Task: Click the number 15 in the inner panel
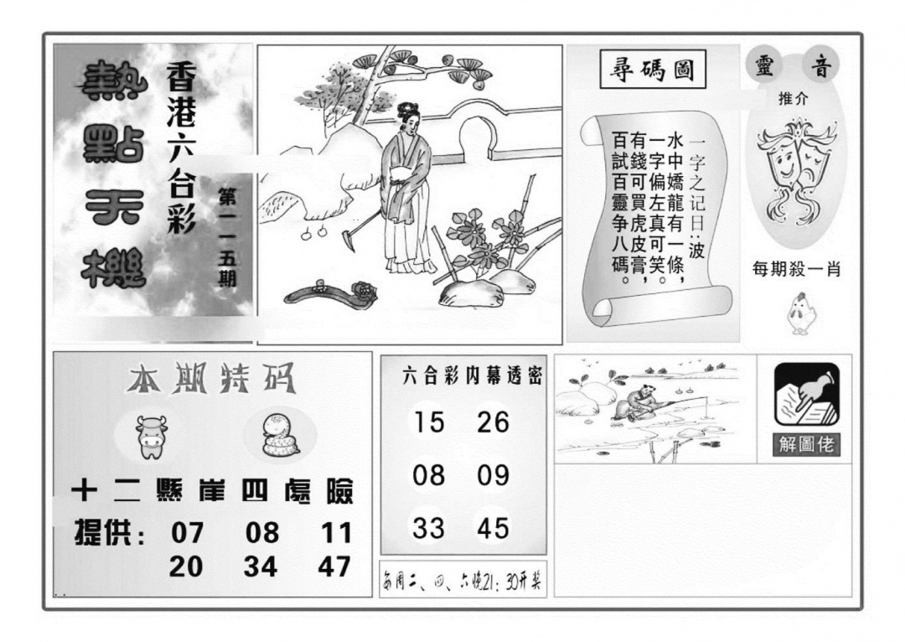click(429, 422)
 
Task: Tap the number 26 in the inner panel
click(493, 422)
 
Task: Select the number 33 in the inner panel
click(429, 528)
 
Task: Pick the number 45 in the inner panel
click(493, 528)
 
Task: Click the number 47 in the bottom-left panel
click(334, 567)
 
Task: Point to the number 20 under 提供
click(186, 567)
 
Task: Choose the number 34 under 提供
click(261, 567)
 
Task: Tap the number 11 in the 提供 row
click(335, 533)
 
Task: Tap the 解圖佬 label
click(806, 444)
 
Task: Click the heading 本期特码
click(210, 381)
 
